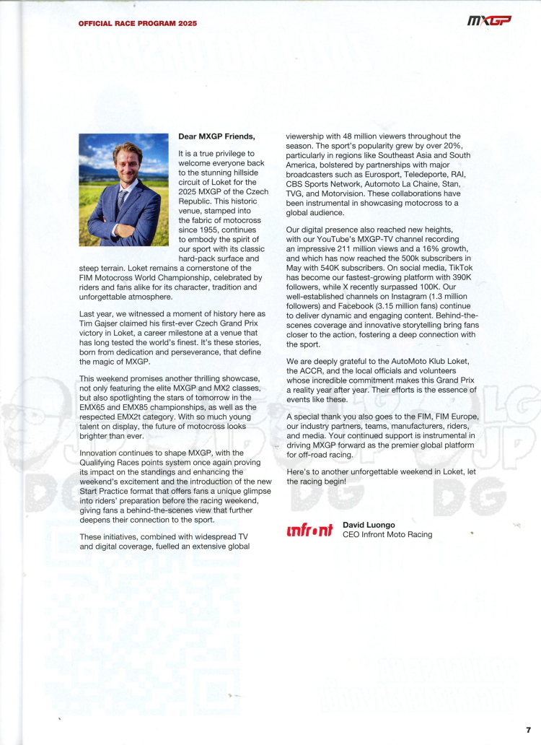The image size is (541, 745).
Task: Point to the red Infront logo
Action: pyautogui.click(x=309, y=531)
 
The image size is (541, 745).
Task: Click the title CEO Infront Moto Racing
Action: pyautogui.click(x=387, y=535)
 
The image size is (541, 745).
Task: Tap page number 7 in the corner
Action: pyautogui.click(x=528, y=730)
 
